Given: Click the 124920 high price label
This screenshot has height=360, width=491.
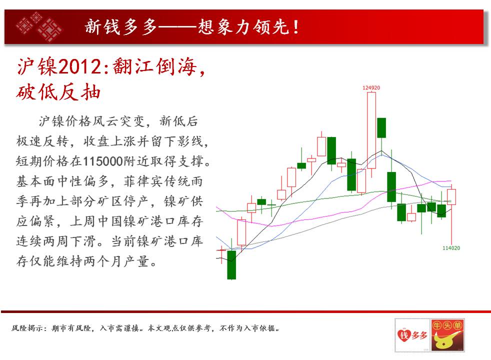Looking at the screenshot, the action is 371,87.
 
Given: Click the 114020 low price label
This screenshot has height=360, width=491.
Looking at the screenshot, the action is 451,248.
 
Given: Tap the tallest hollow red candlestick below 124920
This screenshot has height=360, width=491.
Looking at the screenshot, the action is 371,130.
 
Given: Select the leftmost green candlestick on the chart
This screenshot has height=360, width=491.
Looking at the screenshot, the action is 231,264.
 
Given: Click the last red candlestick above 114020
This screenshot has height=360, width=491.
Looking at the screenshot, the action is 451,196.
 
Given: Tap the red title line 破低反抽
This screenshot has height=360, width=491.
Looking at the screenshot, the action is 58,92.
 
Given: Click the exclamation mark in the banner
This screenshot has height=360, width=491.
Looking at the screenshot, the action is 296,26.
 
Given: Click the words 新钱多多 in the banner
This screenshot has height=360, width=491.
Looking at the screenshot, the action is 120,26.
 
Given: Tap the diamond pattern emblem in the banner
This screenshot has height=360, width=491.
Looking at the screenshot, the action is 39,26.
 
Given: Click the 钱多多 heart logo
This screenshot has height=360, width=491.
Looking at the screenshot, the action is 412,335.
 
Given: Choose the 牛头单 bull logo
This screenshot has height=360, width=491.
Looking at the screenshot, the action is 447,335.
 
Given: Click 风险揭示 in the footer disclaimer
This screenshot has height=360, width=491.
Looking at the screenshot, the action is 27,328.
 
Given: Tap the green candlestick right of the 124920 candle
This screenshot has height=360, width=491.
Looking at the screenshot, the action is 381,127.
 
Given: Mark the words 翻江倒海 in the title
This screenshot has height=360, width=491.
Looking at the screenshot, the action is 154,66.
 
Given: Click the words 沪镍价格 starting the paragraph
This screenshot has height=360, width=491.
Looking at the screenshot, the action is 65,121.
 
